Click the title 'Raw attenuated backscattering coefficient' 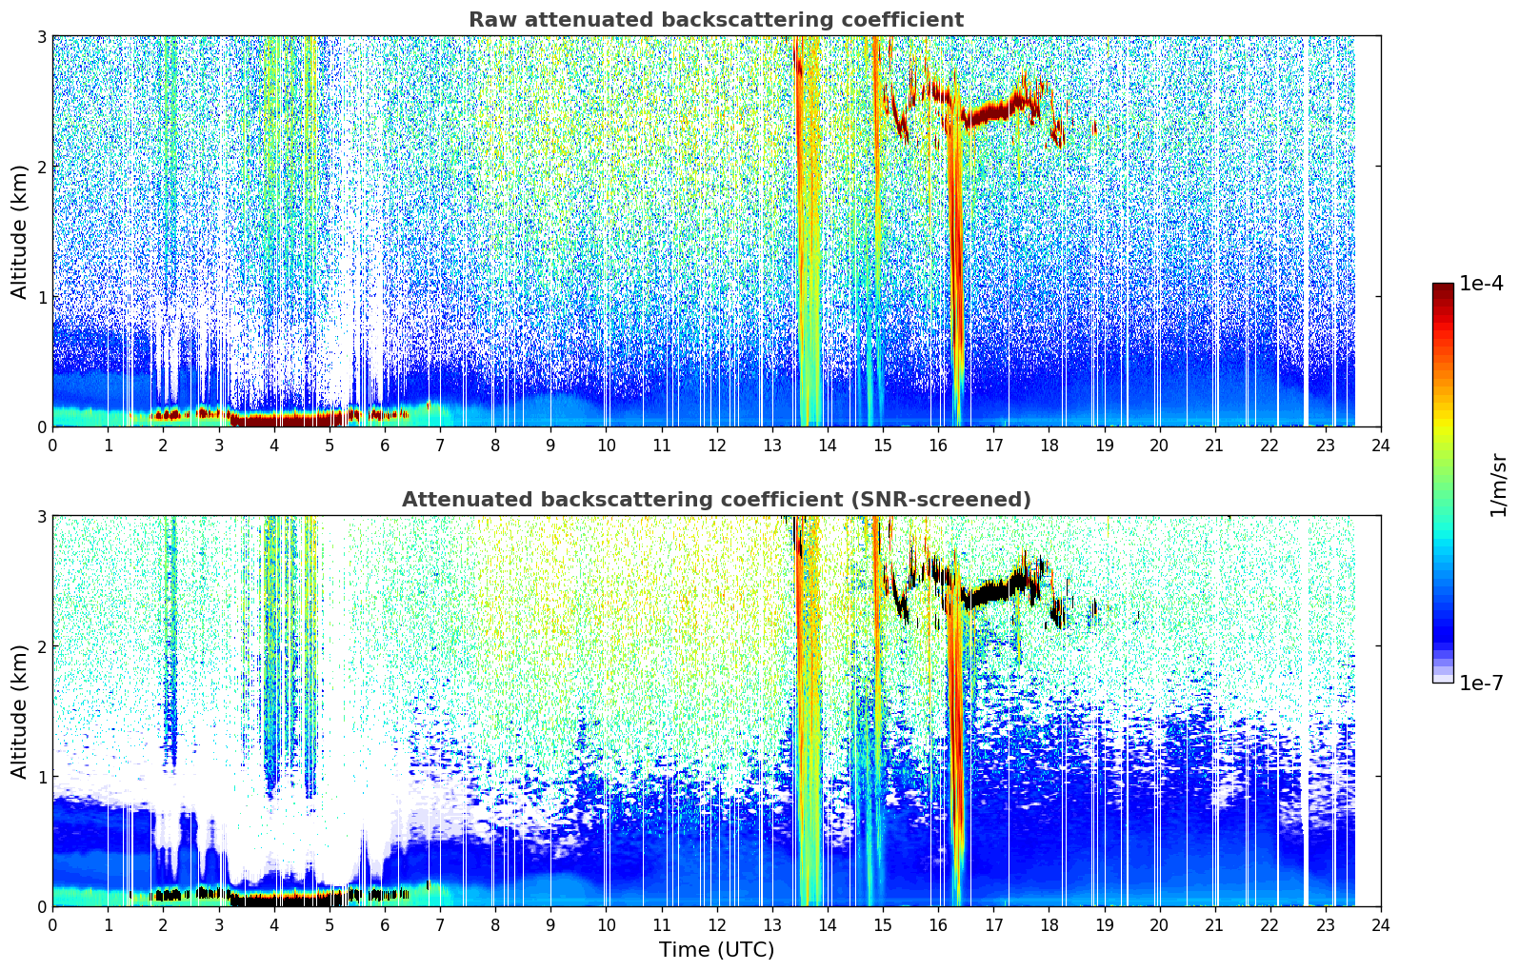click(716, 20)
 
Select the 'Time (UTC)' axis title click(716, 949)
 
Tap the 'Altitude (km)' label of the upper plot click(19, 232)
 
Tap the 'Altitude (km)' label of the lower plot click(19, 711)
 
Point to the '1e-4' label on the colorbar click(1481, 284)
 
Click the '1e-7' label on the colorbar click(1481, 683)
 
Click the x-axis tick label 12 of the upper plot click(717, 446)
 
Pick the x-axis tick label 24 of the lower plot click(1381, 925)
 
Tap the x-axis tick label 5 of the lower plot click(330, 925)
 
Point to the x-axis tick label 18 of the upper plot click(1049, 446)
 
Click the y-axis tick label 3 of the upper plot click(42, 36)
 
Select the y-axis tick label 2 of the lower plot click(42, 647)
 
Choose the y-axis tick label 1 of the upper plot click(42, 297)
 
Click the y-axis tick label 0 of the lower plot click(42, 907)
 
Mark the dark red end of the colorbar click(1443, 288)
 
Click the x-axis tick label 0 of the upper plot click(53, 446)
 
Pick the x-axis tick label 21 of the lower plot click(1214, 925)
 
